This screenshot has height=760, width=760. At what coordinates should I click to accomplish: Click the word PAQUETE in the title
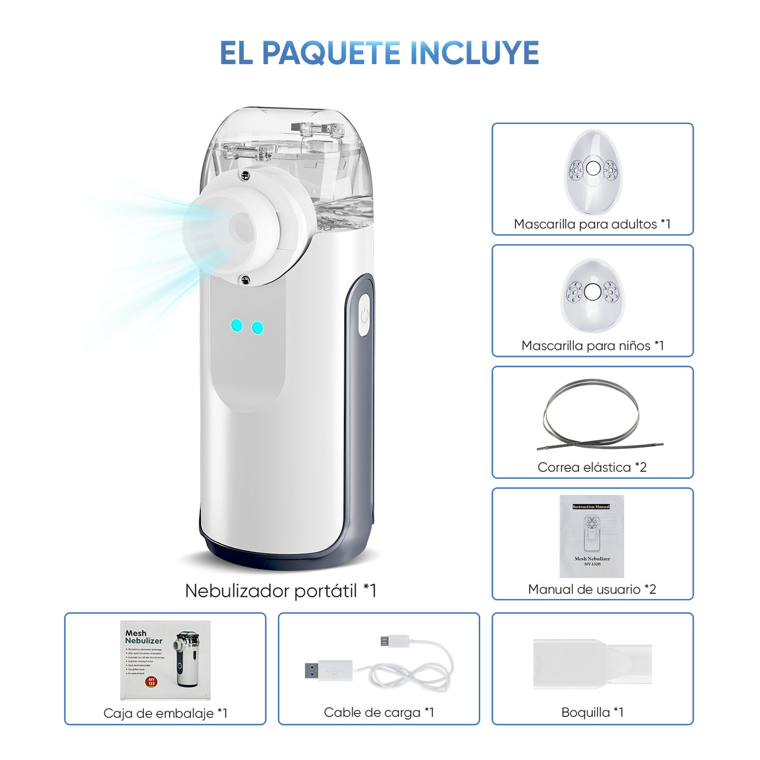331,53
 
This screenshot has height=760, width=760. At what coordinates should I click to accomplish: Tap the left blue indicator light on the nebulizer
237,325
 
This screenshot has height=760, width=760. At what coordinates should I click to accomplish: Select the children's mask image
592,294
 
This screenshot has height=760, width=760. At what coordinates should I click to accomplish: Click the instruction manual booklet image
592,536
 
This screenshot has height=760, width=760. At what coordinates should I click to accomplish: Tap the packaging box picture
165,660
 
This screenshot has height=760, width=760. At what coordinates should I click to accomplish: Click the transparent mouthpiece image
592,664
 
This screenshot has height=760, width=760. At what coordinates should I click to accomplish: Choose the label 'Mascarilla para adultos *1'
592,224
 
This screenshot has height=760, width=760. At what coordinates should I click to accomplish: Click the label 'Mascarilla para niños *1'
592,346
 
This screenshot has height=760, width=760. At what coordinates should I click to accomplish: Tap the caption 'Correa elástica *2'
592,467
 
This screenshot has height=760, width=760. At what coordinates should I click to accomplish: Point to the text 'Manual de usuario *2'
592,589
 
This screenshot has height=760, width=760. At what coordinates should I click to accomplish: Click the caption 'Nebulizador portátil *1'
280,590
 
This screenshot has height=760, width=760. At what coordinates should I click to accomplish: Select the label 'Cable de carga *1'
378,712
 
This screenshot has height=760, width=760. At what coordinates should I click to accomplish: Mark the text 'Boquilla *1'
592,712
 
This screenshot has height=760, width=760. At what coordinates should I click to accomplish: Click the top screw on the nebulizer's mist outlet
245,176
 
